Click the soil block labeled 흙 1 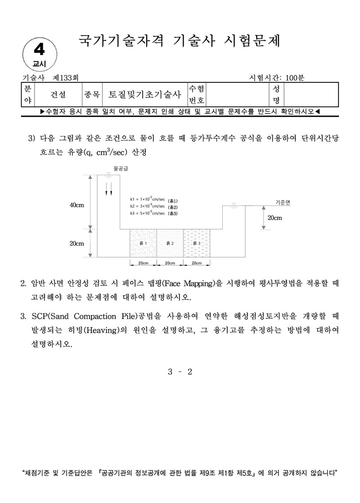coord(143,243)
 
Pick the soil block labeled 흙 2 coord(170,243)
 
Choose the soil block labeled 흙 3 coord(197,243)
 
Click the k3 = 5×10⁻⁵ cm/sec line coord(147,213)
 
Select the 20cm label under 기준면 coord(274,218)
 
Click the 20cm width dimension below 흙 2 coord(170,263)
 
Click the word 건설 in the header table coord(58,95)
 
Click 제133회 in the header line coord(66,78)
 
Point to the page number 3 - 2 coord(180,372)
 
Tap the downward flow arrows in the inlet coord(108,189)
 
